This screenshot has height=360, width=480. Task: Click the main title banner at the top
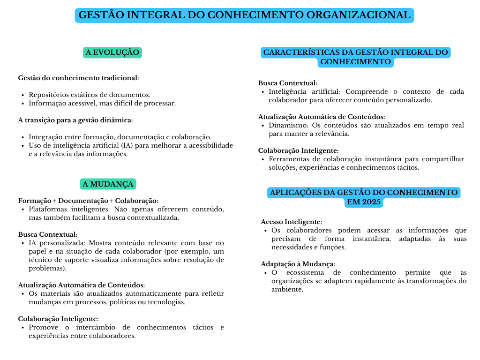244,15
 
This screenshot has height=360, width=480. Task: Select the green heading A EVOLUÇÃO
112,52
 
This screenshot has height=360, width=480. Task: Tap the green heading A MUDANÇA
109,184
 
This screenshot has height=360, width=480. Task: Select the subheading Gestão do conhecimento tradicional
78,78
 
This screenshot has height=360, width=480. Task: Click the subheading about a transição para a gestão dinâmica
75,120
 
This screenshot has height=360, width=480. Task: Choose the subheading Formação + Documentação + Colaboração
88,201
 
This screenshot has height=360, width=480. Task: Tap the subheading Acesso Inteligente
292,222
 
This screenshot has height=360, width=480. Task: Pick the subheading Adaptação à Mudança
298,264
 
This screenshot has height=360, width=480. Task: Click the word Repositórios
50,95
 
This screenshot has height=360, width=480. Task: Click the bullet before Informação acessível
23,103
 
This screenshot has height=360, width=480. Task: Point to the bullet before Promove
23,327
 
